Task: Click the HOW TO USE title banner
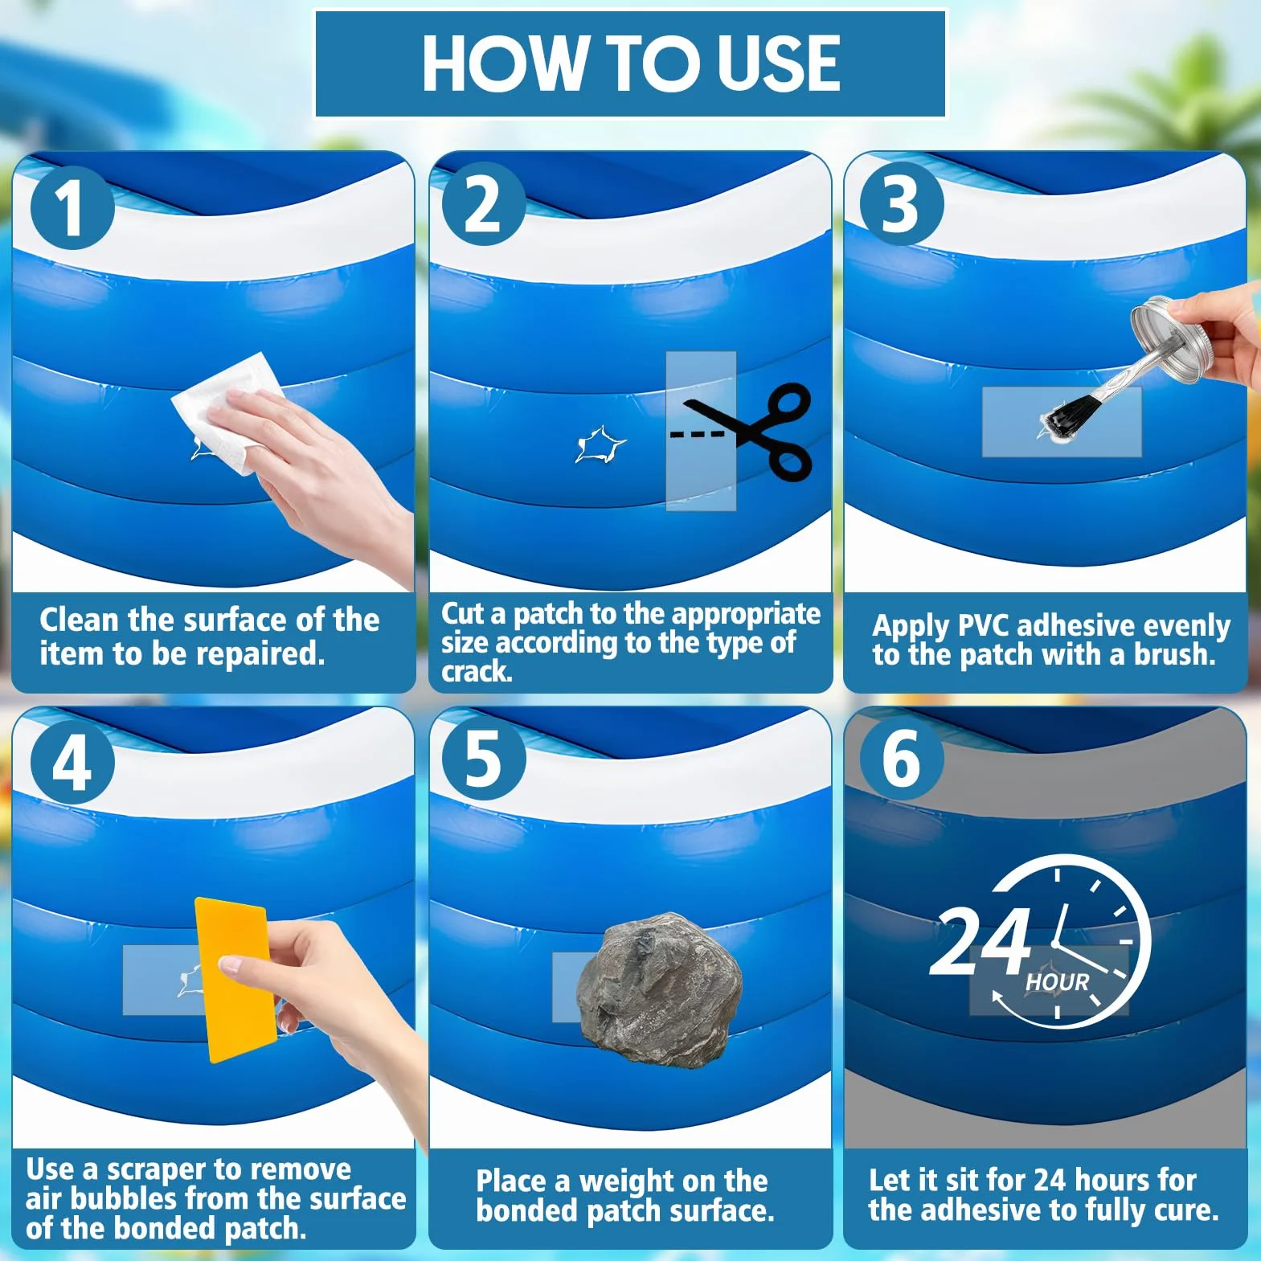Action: point(630,63)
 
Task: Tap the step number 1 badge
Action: point(72,207)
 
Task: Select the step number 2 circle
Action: point(484,204)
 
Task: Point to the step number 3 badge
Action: point(902,204)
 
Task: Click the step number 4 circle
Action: point(72,762)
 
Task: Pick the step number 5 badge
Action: point(484,759)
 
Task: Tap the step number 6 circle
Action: point(902,759)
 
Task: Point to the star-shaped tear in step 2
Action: point(600,445)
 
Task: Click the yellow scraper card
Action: point(234,980)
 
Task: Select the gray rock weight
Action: point(659,990)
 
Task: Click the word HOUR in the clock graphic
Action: point(1057,983)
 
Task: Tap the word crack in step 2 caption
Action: point(477,671)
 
